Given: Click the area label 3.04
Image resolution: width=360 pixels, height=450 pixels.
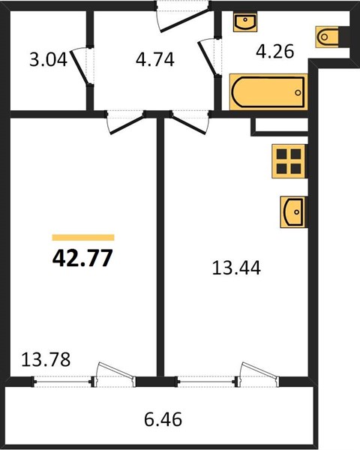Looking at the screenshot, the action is (48, 60).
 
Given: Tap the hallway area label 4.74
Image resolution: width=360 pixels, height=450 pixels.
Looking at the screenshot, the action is (155, 60).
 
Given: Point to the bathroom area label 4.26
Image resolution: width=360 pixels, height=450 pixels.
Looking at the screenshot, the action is (274, 51).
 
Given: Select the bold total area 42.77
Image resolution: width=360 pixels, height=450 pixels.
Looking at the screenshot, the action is (82, 258).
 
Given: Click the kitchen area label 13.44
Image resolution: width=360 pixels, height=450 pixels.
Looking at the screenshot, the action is (236, 268).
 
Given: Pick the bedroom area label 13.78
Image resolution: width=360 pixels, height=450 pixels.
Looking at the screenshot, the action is (46, 359).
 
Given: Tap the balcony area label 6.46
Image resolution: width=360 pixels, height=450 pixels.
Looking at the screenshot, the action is (163, 419).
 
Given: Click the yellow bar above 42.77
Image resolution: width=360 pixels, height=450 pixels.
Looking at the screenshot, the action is (83, 237).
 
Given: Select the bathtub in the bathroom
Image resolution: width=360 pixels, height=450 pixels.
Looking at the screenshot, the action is (268, 92).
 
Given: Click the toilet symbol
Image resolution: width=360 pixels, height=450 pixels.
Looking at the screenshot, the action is (327, 37).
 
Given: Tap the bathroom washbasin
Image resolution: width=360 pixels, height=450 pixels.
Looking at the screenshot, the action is (245, 22).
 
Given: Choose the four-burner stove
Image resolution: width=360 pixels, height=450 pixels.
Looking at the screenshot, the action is (289, 161).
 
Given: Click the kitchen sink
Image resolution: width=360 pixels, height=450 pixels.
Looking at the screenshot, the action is (292, 212).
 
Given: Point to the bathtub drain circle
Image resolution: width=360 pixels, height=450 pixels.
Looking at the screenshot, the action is (298, 93).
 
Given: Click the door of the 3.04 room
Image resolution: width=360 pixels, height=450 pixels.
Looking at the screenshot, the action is (80, 67).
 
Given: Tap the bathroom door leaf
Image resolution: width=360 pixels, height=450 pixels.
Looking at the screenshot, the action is (207, 58).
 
